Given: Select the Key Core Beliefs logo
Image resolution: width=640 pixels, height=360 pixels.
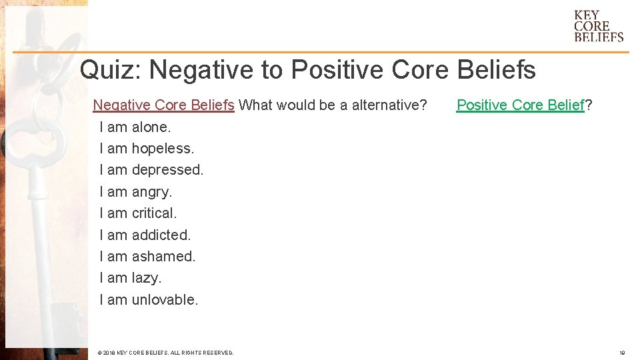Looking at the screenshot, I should pos(599,26).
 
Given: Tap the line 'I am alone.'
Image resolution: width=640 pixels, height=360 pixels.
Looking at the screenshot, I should pos(135,127).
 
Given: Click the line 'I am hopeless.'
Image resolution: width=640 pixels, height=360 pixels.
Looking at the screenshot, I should pos(147,148).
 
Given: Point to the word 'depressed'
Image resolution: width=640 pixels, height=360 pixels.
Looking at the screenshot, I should pos(167,170).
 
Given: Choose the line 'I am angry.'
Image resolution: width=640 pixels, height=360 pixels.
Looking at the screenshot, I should pos(135,192).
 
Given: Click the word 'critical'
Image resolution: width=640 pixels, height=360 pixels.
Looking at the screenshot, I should pos(153,213).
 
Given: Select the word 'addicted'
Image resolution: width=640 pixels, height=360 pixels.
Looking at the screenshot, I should pos(161,235).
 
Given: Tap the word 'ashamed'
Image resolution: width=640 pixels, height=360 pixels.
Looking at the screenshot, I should pos(163,256).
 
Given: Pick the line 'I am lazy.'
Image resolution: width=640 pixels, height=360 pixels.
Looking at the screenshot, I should pos(130,278).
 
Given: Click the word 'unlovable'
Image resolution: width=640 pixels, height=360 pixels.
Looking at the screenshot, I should pos(164,300).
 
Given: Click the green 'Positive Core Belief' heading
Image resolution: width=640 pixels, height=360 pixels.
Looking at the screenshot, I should pos(520,105).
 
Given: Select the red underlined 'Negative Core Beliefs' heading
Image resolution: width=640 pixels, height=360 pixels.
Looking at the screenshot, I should pos(163,105).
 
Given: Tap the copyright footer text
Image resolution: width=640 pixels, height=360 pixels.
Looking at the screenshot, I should pos(165,353).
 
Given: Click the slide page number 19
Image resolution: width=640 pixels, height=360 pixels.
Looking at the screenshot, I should pos(622,353).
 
